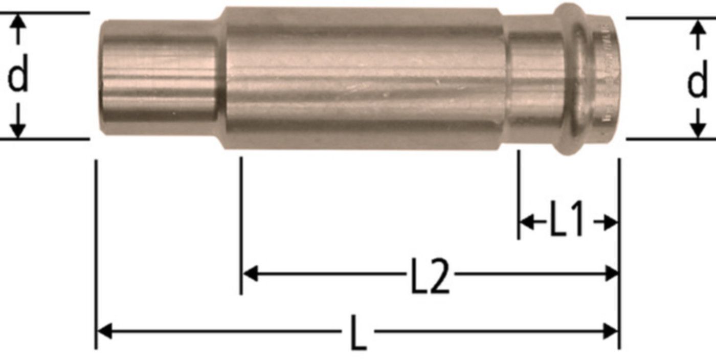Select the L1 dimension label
tap(566, 221)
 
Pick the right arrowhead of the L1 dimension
tap(611, 222)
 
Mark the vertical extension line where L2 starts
tap(241, 225)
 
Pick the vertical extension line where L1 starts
tap(518, 194)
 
